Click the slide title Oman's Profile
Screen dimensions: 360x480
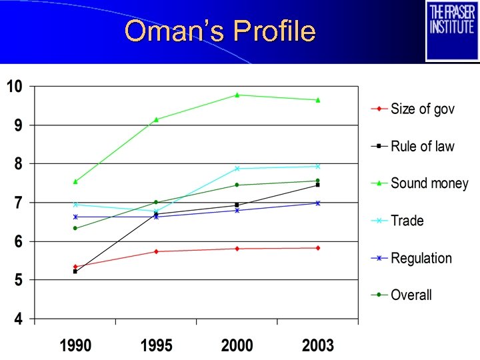tap(219, 31)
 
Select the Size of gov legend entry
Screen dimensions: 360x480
tap(422, 109)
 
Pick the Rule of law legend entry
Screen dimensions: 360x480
tap(422, 146)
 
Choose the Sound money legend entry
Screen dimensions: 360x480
tap(429, 183)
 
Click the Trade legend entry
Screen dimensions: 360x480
tap(407, 221)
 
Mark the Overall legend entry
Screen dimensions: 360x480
tap(411, 295)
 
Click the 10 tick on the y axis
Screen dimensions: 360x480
tap(15, 86)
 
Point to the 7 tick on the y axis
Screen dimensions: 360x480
tap(19, 203)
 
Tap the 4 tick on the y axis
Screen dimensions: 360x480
tap(19, 319)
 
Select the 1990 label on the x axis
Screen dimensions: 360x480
tap(75, 346)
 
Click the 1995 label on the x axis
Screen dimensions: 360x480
tap(156, 346)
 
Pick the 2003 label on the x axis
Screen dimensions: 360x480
tap(318, 346)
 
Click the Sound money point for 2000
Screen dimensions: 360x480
tap(237, 95)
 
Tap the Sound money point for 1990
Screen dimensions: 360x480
tap(75, 181)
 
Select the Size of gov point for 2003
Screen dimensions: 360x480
tap(318, 248)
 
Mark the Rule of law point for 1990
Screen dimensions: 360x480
tap(75, 271)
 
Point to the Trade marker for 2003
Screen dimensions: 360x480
tap(318, 166)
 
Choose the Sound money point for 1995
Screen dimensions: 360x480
tap(156, 119)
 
